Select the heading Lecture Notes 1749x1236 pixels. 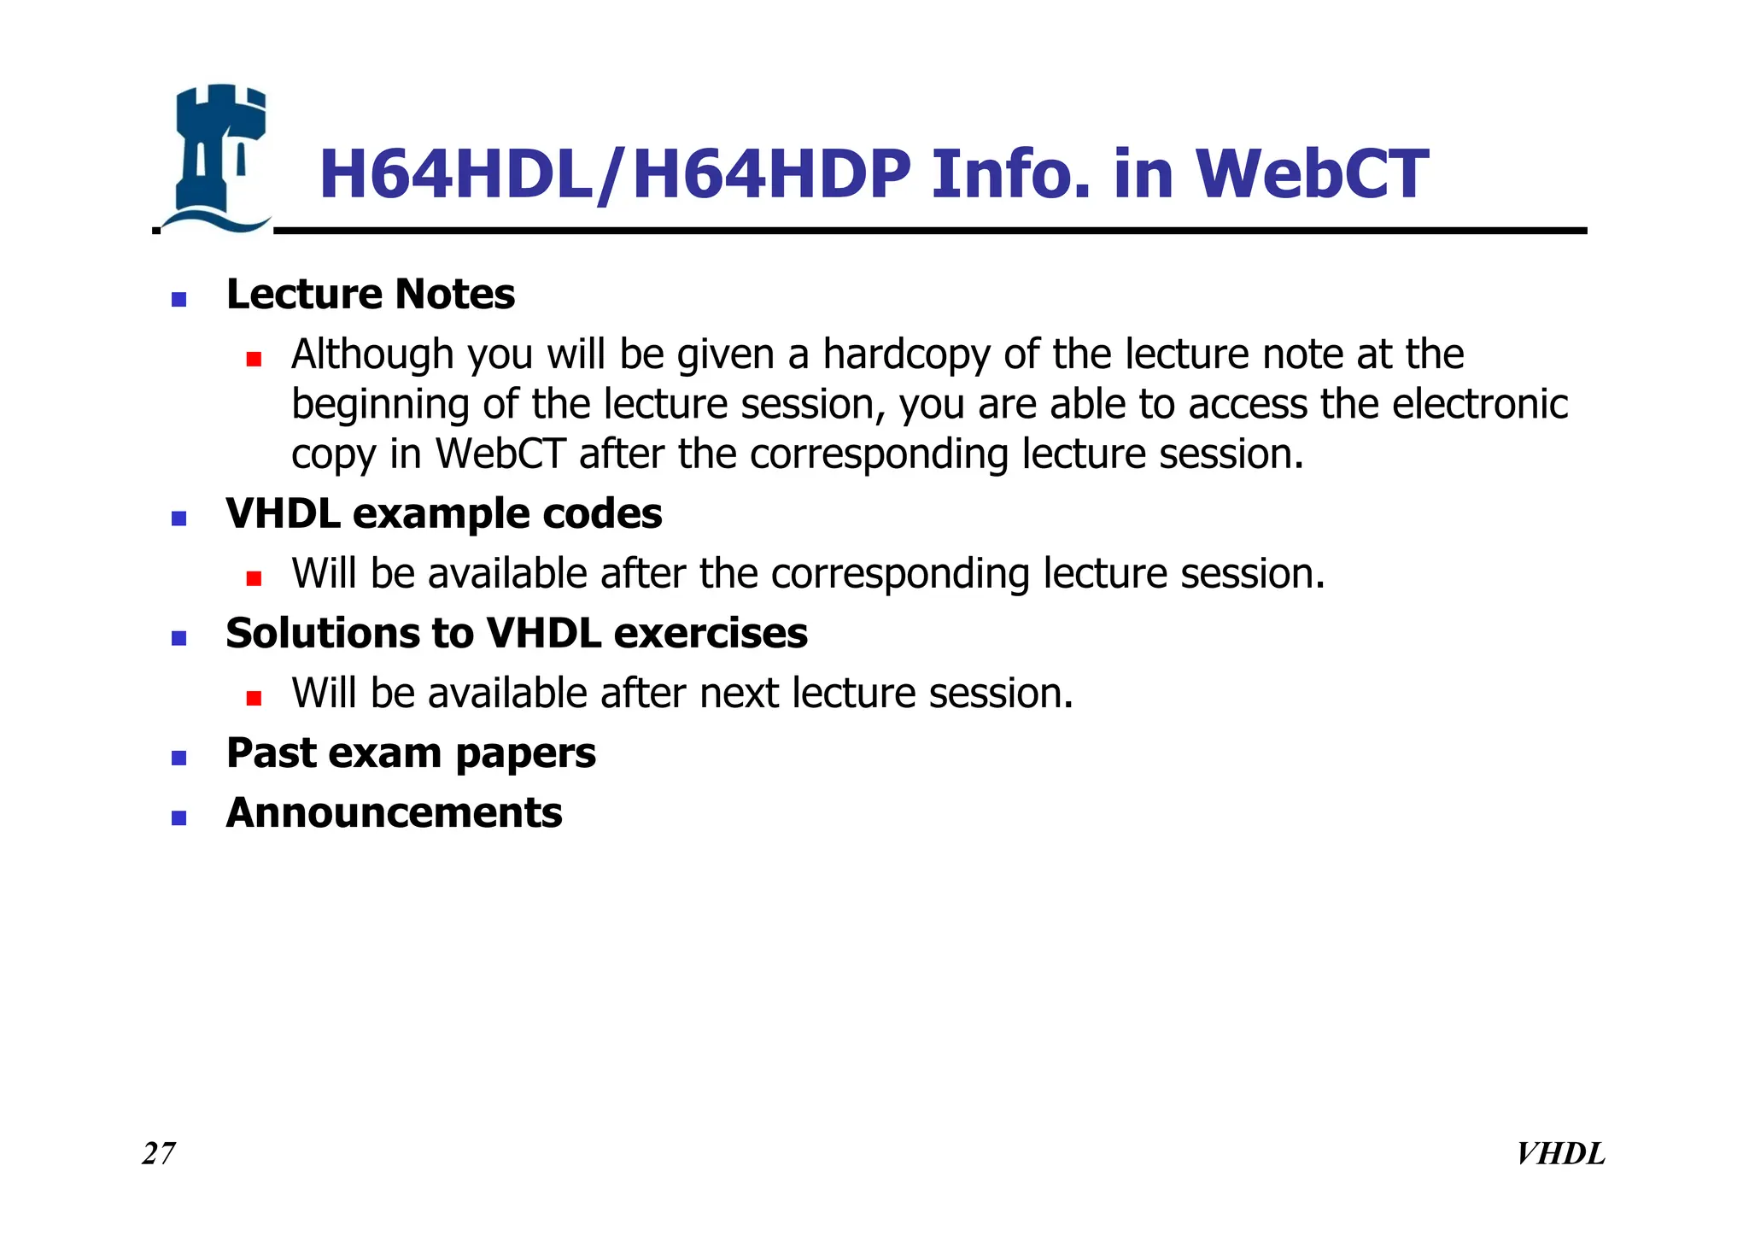coord(370,295)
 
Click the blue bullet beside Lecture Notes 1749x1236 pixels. coord(178,300)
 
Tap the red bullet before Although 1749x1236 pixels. coord(253,359)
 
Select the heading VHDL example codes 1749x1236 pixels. coord(443,514)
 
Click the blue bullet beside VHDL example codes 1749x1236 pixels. coord(178,518)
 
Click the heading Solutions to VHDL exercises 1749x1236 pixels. coord(516,634)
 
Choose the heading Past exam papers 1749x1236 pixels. coord(410,753)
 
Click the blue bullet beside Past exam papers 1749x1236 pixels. coord(178,758)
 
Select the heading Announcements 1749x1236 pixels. coord(394,813)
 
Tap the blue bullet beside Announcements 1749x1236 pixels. coord(178,818)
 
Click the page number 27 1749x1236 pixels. coord(159,1154)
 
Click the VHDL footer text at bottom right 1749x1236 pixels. coord(1560,1154)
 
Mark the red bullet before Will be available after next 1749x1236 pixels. coord(253,698)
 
